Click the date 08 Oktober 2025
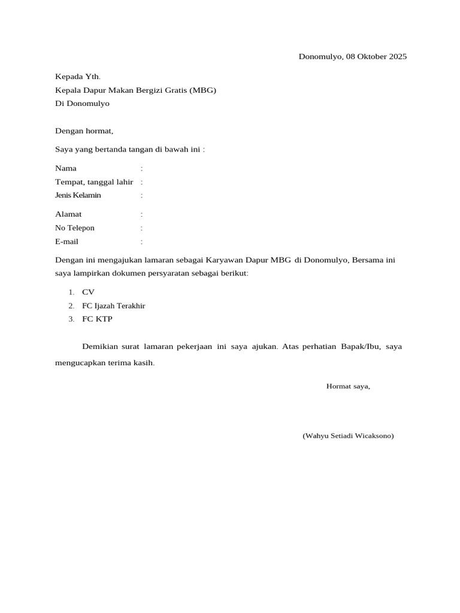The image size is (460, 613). [376, 57]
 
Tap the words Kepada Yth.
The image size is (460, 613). [78, 77]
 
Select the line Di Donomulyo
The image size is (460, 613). [82, 104]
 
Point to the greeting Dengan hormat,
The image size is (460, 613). [84, 131]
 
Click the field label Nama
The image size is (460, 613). [66, 168]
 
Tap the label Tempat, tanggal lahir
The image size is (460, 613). [94, 182]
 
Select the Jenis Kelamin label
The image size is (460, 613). [78, 195]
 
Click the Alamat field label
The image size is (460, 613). [68, 214]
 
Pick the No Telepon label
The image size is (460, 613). [75, 228]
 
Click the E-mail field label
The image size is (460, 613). [66, 242]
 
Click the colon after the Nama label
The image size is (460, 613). [141, 169]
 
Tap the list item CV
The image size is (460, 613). [88, 292]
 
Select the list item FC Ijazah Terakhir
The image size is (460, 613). [114, 306]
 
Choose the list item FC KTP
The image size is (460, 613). [97, 319]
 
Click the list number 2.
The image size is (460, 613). [71, 306]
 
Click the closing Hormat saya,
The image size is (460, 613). [348, 386]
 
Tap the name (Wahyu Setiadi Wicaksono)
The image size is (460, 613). [348, 436]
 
